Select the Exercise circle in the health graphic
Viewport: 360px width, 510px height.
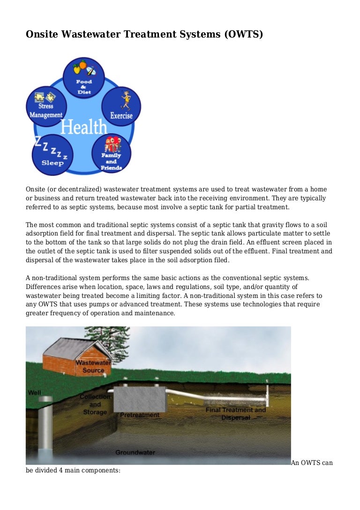(121, 106)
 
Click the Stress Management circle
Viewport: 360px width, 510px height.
(46, 106)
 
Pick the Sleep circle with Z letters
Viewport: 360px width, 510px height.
(52, 153)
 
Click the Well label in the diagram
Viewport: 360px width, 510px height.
(35, 392)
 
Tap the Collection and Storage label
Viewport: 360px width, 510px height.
(95, 404)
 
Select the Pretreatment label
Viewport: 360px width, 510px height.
(140, 415)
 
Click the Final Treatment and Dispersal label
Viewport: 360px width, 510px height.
(235, 413)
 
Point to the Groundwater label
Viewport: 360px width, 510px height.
(135, 453)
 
